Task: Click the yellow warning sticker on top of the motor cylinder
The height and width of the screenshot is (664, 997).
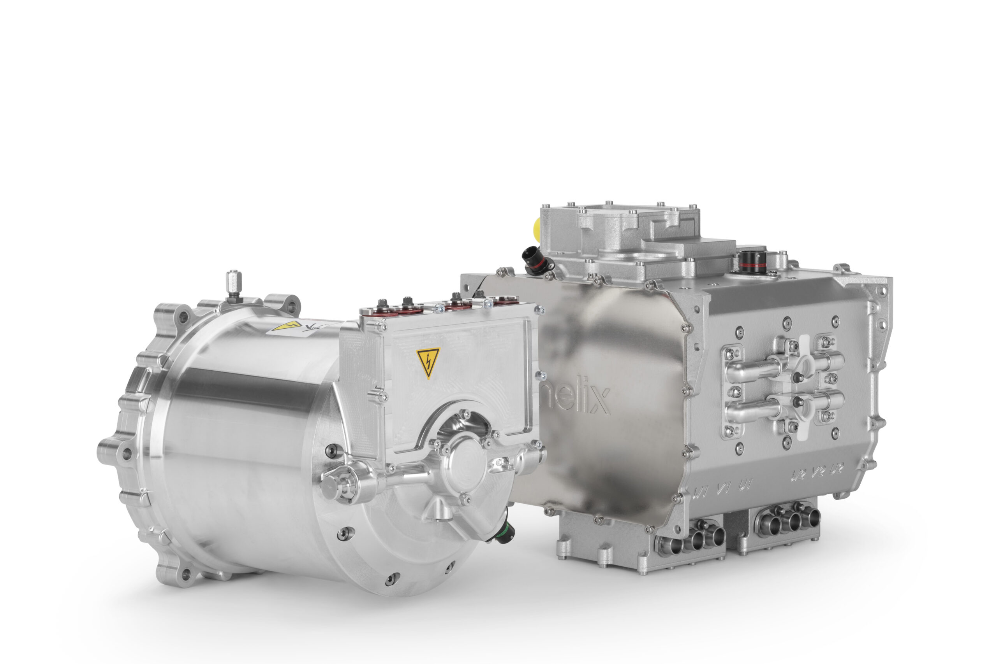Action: [x=287, y=326]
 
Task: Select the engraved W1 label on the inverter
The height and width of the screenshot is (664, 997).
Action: [x=700, y=492]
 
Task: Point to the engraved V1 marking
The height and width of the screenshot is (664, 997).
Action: [x=723, y=489]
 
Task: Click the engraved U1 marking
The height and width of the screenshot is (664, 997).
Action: [x=745, y=485]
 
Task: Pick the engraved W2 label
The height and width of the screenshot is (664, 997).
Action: [x=798, y=476]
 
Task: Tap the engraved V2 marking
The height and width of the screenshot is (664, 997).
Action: [x=818, y=472]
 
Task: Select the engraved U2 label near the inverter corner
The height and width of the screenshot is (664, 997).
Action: [x=837, y=469]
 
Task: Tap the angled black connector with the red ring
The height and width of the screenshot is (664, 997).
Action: [x=535, y=259]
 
